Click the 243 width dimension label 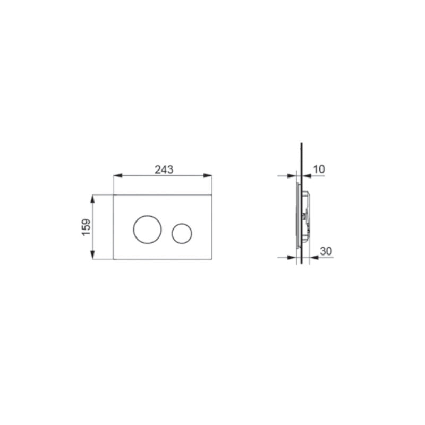point(164,169)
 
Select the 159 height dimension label point(86,227)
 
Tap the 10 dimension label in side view point(319,169)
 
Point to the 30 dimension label point(326,250)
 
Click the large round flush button point(143,230)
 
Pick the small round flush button point(182,233)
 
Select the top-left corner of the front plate point(114,194)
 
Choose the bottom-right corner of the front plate point(212,260)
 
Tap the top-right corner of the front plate point(212,194)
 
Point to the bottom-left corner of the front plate point(114,260)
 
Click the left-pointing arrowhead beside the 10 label point(304,176)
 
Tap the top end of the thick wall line point(301,143)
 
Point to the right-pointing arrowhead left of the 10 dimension point(293,176)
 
